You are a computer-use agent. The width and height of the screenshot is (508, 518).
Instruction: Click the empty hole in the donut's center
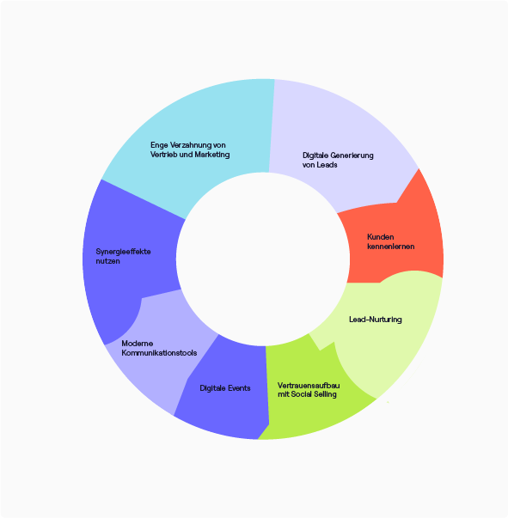click(263, 259)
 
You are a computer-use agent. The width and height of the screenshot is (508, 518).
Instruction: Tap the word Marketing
click(211, 155)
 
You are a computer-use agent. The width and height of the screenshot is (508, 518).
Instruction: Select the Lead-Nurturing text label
click(376, 320)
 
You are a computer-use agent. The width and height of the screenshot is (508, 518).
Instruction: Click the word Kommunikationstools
click(159, 353)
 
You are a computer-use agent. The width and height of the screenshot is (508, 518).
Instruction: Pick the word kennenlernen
click(390, 247)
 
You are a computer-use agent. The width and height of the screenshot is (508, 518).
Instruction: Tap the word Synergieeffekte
click(123, 252)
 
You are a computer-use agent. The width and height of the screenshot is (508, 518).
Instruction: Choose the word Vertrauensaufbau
click(304, 386)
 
